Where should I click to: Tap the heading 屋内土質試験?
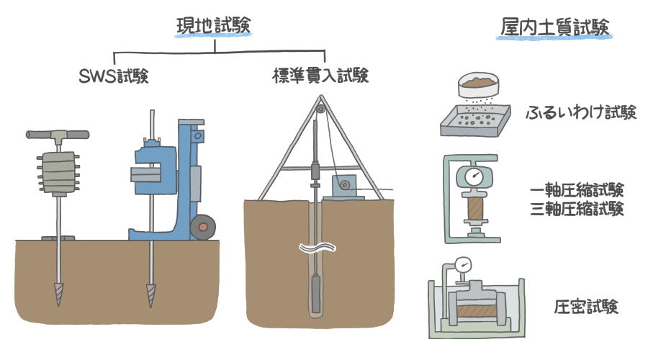pyautogui.click(x=555, y=27)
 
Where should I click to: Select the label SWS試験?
pyautogui.click(x=113, y=76)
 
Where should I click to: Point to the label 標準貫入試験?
pyautogui.click(x=320, y=76)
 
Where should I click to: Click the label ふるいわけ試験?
pyautogui.click(x=581, y=113)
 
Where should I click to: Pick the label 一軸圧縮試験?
pyautogui.click(x=575, y=191)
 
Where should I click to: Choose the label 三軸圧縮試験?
pyautogui.click(x=575, y=209)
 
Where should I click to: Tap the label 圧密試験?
pyautogui.click(x=586, y=307)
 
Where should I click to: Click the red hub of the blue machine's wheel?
pyautogui.click(x=204, y=228)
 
